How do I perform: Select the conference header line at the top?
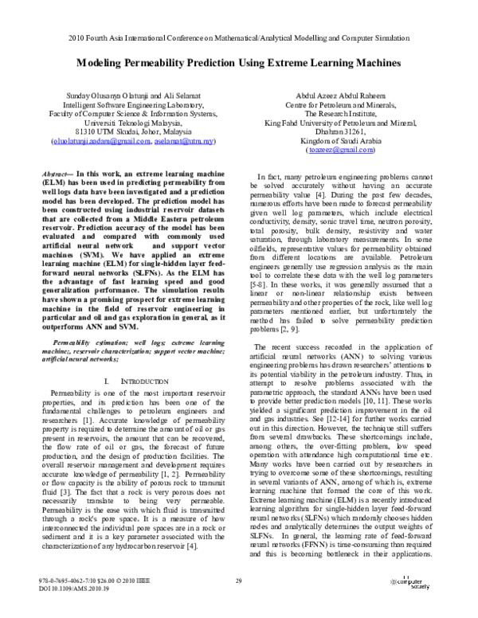(x=239, y=37)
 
